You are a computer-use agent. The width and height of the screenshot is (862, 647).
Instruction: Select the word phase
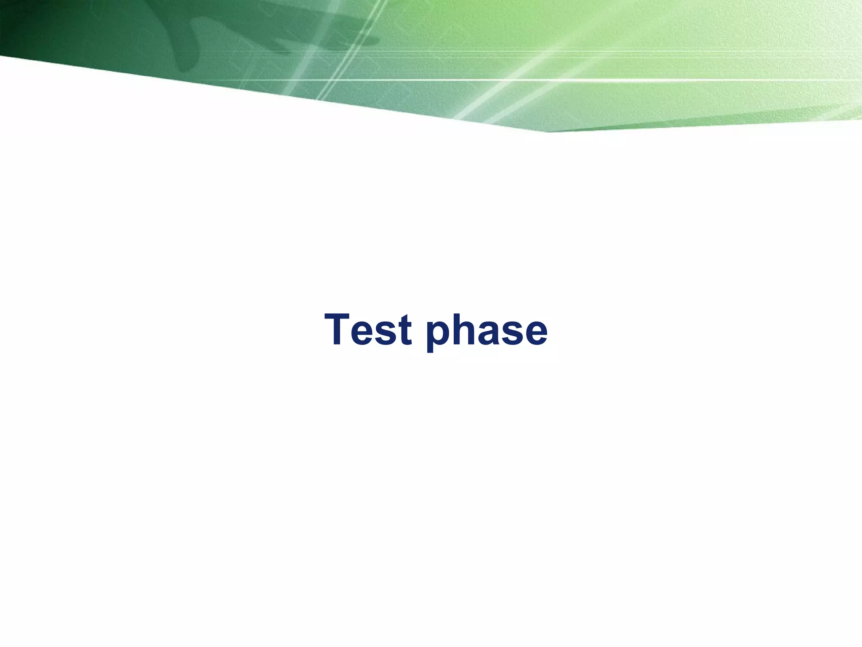(487, 331)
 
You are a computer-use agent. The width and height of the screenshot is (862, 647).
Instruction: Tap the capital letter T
(339, 330)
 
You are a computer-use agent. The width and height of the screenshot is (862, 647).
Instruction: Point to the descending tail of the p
(430, 348)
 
